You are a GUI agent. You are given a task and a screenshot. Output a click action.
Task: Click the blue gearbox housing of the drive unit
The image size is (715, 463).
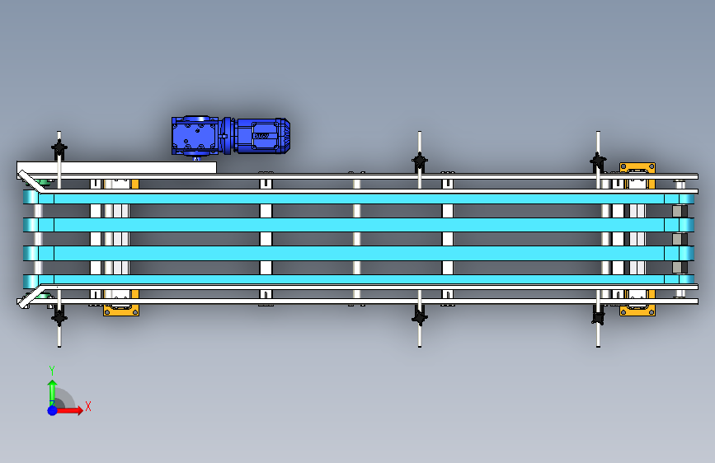[195, 136]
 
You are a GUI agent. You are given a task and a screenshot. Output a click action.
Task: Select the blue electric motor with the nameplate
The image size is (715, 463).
[261, 135]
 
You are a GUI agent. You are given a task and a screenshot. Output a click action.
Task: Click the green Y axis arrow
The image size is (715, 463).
[52, 390]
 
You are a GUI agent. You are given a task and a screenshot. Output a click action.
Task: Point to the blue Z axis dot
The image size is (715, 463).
[52, 409]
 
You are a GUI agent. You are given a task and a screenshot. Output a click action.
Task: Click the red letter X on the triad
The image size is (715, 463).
[87, 406]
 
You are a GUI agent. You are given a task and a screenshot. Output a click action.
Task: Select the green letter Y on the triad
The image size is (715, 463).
[52, 370]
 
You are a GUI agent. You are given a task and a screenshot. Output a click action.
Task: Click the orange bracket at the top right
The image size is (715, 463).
[637, 168]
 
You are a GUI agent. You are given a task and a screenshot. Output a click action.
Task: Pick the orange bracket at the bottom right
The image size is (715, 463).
[637, 310]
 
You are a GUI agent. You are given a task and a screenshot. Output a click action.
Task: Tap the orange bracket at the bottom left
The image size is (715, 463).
[120, 310]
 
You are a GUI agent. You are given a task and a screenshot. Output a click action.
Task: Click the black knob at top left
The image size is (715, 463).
[59, 150]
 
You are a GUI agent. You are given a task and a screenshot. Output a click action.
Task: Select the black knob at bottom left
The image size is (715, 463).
[59, 315]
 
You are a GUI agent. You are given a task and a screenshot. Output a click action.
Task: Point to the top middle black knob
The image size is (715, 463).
[420, 161]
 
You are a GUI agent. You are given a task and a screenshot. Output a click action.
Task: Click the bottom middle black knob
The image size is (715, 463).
[420, 316]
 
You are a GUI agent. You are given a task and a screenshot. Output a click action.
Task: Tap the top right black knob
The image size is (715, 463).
[598, 161]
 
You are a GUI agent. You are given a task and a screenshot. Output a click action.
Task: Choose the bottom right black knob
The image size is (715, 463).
[598, 316]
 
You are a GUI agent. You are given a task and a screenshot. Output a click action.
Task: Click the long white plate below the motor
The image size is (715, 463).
[124, 167]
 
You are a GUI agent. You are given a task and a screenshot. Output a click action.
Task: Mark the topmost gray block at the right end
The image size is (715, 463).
[679, 211]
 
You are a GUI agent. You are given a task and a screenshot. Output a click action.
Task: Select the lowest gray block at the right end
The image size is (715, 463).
[679, 267]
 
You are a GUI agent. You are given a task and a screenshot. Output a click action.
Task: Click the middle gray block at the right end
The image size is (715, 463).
[679, 239]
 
